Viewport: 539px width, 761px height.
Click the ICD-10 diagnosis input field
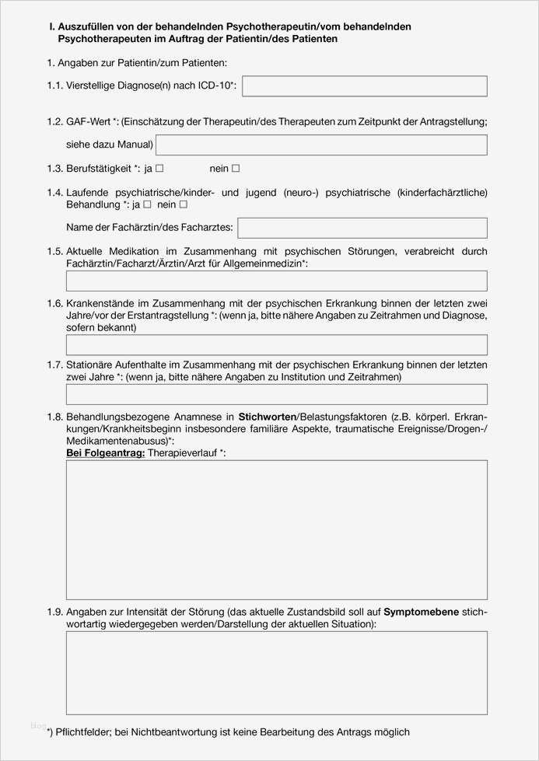tap(364, 86)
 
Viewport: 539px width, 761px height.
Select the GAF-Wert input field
tap(321, 145)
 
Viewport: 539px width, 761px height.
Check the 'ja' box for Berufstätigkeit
tap(159, 169)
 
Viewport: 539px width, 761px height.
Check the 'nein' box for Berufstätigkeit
tap(236, 169)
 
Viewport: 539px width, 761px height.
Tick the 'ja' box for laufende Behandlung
tap(147, 204)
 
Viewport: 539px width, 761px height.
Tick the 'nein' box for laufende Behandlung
tap(184, 204)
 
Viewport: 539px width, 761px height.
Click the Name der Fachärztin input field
tap(362, 228)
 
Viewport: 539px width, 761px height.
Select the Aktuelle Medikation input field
tap(277, 281)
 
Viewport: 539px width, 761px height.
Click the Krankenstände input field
tap(277, 345)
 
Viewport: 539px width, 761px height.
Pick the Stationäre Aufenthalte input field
tap(277, 394)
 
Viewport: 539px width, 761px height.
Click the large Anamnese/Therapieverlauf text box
tap(277, 529)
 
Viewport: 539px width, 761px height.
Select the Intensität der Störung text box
tap(277, 672)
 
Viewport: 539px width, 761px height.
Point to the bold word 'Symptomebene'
tap(421, 612)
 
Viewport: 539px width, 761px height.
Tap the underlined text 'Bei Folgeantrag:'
tap(106, 452)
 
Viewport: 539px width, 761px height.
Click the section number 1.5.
tap(54, 252)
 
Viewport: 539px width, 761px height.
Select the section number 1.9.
tap(54, 613)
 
